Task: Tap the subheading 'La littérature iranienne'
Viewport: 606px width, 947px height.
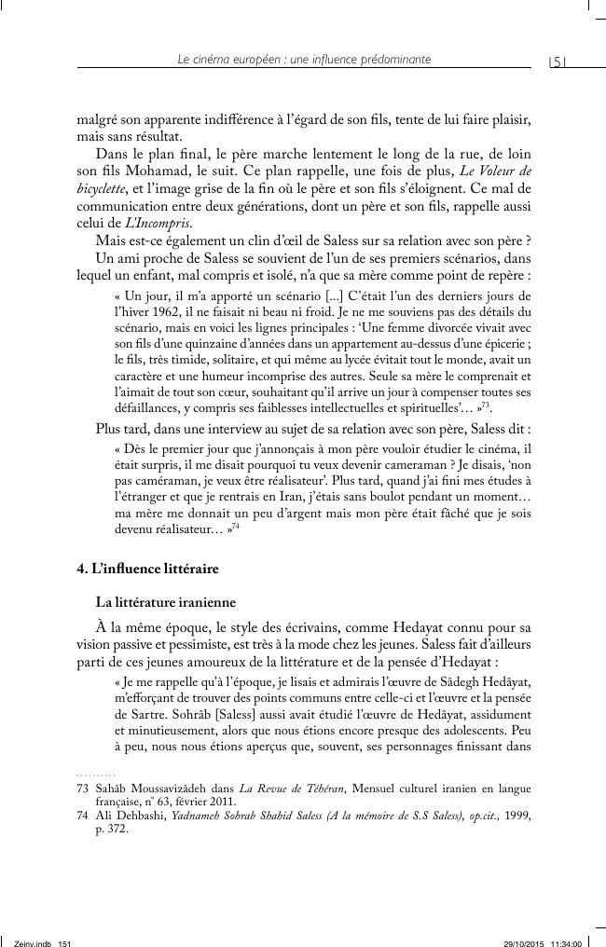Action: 159,601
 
